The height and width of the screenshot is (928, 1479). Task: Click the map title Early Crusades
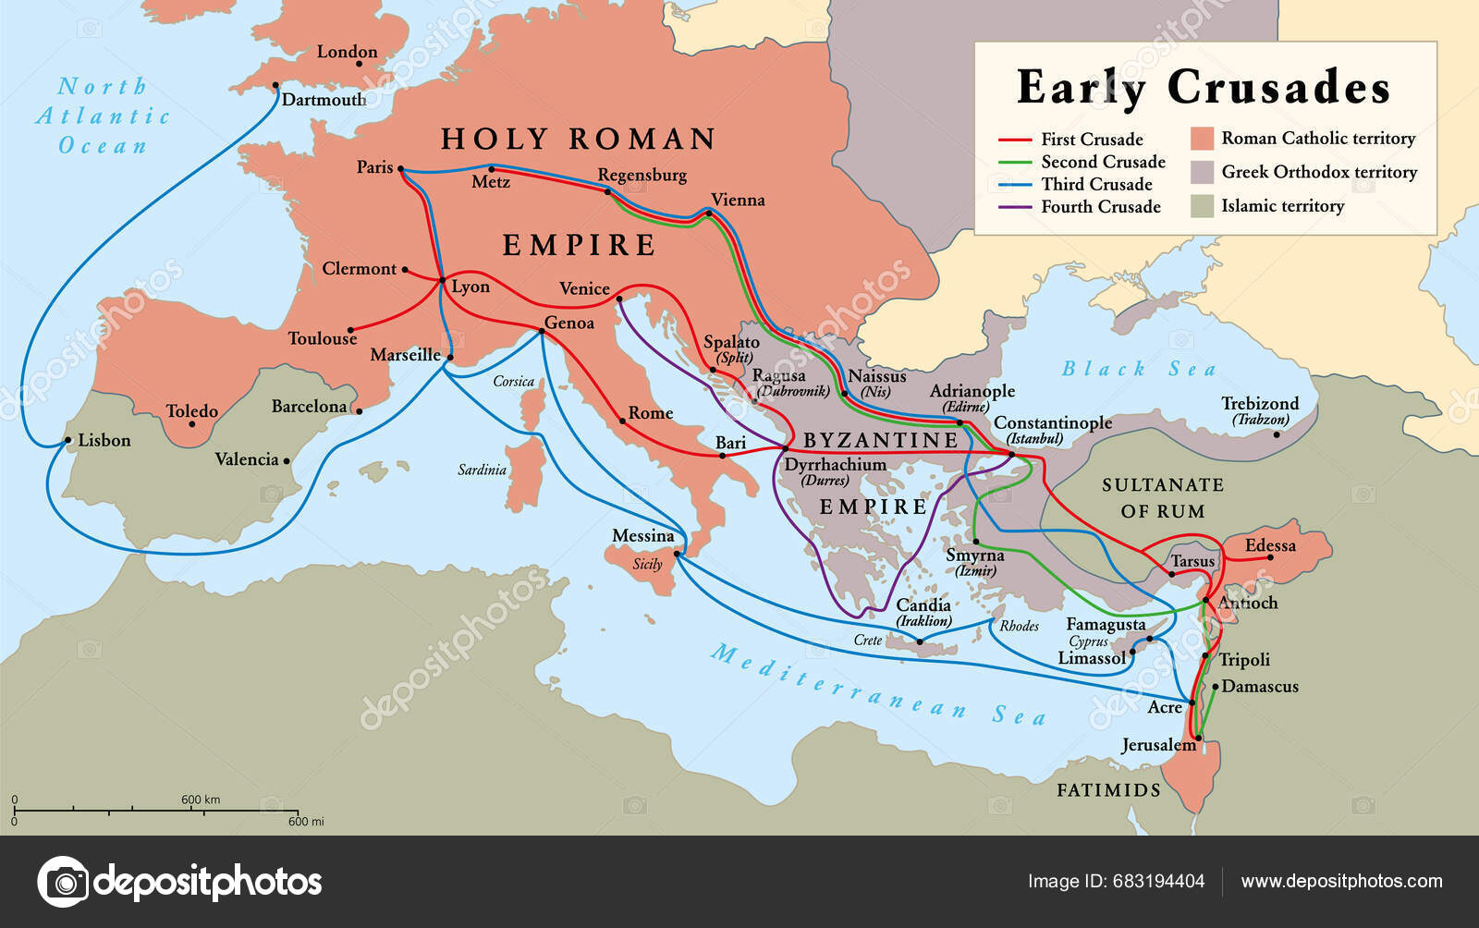pos(1204,88)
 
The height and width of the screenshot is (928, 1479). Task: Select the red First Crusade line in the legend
pos(1014,140)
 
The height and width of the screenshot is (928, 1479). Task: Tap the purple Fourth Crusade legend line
pos(1014,207)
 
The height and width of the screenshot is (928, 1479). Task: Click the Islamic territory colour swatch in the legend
pos(1202,205)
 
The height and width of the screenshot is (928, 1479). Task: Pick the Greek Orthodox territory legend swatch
pos(1202,172)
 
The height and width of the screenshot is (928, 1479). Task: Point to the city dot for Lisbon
pos(67,441)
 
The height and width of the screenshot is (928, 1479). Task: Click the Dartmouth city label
pos(324,100)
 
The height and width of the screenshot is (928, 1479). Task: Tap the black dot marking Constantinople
pos(1011,454)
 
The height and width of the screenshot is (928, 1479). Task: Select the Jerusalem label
pos(1158,745)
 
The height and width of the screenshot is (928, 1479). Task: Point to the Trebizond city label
pos(1260,404)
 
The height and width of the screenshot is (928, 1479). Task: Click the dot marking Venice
pos(618,299)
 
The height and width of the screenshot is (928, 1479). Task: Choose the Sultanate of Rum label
pos(1163,497)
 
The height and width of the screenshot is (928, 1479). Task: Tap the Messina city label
pos(643,536)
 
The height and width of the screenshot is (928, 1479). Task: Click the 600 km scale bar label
pos(201,800)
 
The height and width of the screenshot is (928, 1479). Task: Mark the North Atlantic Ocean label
pos(103,116)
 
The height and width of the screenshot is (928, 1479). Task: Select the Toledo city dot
pos(191,424)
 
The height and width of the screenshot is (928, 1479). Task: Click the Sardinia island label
pos(482,470)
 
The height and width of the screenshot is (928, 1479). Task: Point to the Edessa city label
pos(1270,545)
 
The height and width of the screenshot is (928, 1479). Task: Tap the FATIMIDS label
pos(1108,790)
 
